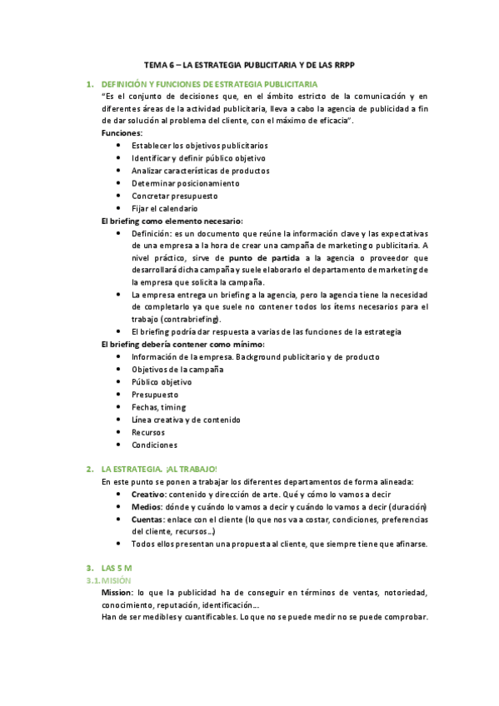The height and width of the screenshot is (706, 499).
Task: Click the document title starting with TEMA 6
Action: tap(249, 64)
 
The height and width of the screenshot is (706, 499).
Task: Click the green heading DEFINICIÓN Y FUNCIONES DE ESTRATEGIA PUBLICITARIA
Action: tap(208, 85)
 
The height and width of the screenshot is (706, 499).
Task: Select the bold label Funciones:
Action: tap(122, 133)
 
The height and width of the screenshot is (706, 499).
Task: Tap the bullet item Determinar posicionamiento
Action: tap(185, 183)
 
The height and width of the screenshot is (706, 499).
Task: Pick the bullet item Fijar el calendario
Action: tap(164, 208)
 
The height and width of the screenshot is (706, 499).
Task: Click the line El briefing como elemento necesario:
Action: tap(172, 221)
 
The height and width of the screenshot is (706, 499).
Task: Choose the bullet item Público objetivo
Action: tap(161, 382)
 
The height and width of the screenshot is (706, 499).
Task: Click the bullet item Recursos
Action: tap(147, 432)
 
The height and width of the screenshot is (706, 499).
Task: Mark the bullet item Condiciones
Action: tap(154, 445)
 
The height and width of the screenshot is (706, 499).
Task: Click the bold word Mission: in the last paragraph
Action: tap(117, 592)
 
